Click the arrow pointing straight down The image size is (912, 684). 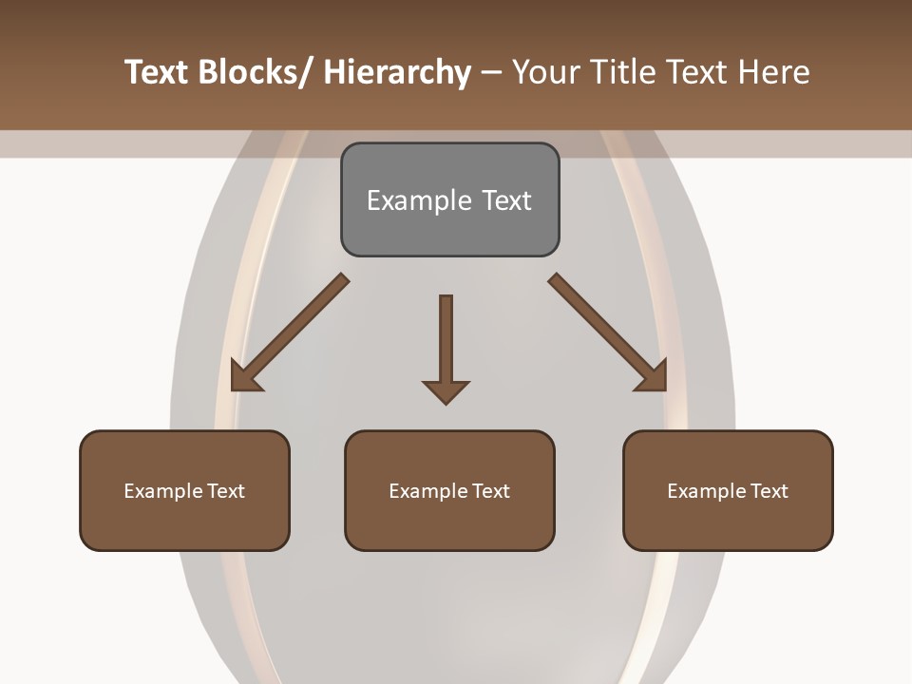(446, 347)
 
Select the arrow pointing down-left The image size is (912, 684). (290, 332)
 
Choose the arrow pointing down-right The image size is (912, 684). (608, 332)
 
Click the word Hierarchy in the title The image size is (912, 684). (397, 72)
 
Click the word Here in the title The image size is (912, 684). (775, 72)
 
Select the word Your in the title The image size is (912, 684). (545, 72)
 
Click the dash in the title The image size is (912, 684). (492, 72)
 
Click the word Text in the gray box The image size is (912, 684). (506, 200)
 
